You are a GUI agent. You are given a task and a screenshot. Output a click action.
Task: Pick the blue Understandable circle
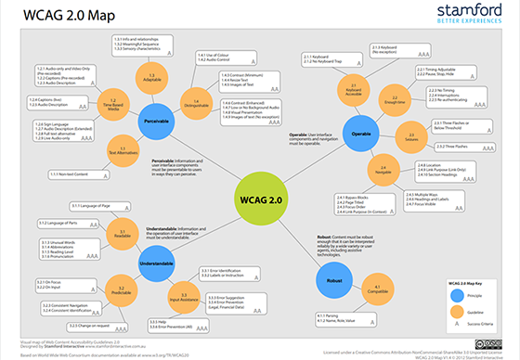(161, 248)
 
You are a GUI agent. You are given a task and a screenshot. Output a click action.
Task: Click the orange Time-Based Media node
(112, 102)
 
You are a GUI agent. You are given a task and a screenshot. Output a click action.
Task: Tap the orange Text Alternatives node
(117, 148)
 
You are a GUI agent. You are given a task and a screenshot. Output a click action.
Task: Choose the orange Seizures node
(409, 136)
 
